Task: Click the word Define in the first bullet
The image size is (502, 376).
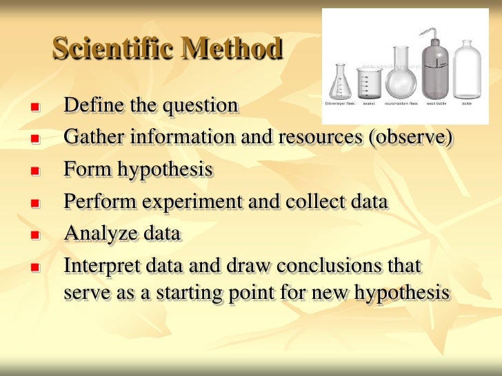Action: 89,105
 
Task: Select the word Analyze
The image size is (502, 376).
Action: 101,233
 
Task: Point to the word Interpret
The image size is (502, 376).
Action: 102,266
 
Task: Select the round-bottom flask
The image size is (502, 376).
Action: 401,76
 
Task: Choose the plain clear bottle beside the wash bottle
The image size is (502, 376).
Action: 468,69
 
